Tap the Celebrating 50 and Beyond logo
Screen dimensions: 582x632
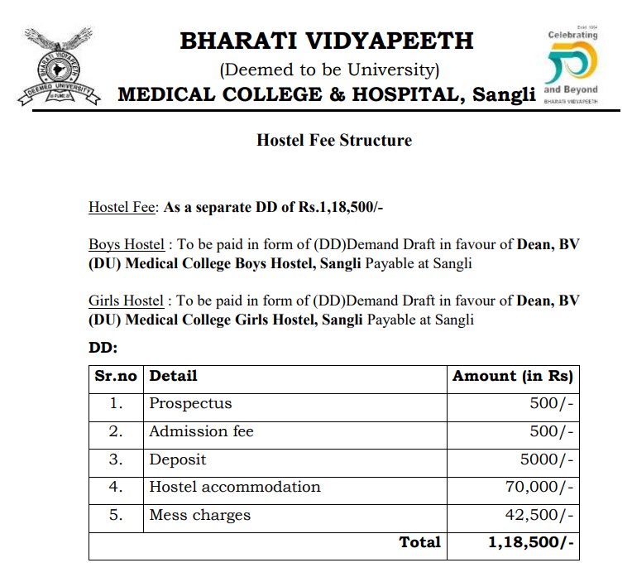tap(572, 67)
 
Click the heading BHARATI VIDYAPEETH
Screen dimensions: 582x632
tap(327, 41)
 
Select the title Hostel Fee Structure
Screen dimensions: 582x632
tap(333, 140)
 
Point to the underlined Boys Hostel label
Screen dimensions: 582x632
tap(126, 245)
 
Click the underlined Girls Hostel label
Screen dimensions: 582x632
tap(126, 301)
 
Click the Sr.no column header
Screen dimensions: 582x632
tap(115, 376)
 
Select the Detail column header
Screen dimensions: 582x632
tap(173, 376)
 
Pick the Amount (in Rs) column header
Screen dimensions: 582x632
tap(512, 376)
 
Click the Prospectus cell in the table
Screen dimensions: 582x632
tap(190, 404)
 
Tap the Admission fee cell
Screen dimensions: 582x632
tap(201, 431)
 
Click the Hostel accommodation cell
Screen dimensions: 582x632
tap(234, 487)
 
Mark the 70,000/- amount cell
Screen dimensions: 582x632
tap(539, 487)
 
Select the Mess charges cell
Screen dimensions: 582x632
tap(199, 515)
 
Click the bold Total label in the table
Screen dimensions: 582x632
tap(419, 542)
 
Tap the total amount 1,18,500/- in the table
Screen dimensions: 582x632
tap(530, 542)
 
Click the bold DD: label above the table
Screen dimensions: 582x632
tap(103, 349)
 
